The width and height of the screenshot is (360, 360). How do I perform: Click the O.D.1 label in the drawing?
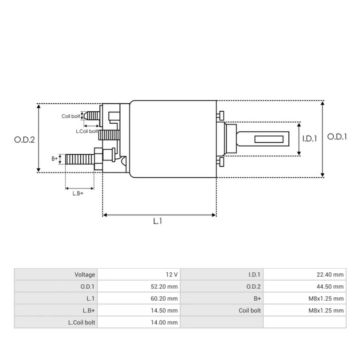pyautogui.click(x=337, y=137)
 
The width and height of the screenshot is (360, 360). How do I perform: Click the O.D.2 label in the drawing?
pyautogui.click(x=25, y=139)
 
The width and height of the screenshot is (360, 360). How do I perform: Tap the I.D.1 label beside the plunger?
pyautogui.click(x=309, y=139)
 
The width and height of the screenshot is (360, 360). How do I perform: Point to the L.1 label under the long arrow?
pyautogui.click(x=158, y=221)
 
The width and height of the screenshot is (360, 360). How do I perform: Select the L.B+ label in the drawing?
pyautogui.click(x=78, y=193)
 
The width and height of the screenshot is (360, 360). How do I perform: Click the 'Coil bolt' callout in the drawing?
pyautogui.click(x=71, y=116)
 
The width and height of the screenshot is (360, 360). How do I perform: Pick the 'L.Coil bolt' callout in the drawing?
pyautogui.click(x=86, y=131)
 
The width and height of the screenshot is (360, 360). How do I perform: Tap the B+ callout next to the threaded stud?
pyautogui.click(x=55, y=159)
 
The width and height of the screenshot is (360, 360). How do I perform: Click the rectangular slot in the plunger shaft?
pyautogui.click(x=269, y=139)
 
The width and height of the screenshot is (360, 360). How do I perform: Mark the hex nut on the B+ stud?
pyautogui.click(x=98, y=159)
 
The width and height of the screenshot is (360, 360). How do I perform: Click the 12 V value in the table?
pyautogui.click(x=171, y=274)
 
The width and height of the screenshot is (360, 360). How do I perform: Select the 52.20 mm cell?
pyautogui.click(x=164, y=286)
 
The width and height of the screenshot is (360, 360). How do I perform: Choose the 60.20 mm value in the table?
pyautogui.click(x=164, y=298)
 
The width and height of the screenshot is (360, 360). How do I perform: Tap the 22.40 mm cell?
pyautogui.click(x=330, y=274)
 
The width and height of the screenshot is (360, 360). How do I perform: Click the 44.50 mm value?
pyautogui.click(x=330, y=286)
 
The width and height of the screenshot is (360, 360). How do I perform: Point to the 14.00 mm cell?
pyautogui.click(x=164, y=322)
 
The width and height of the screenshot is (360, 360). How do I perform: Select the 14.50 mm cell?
pyautogui.click(x=164, y=310)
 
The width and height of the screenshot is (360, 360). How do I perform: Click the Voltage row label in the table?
pyautogui.click(x=85, y=274)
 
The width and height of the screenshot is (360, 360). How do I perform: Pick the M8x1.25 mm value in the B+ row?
pyautogui.click(x=326, y=298)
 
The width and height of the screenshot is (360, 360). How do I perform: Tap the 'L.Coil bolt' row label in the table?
pyautogui.click(x=81, y=322)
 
